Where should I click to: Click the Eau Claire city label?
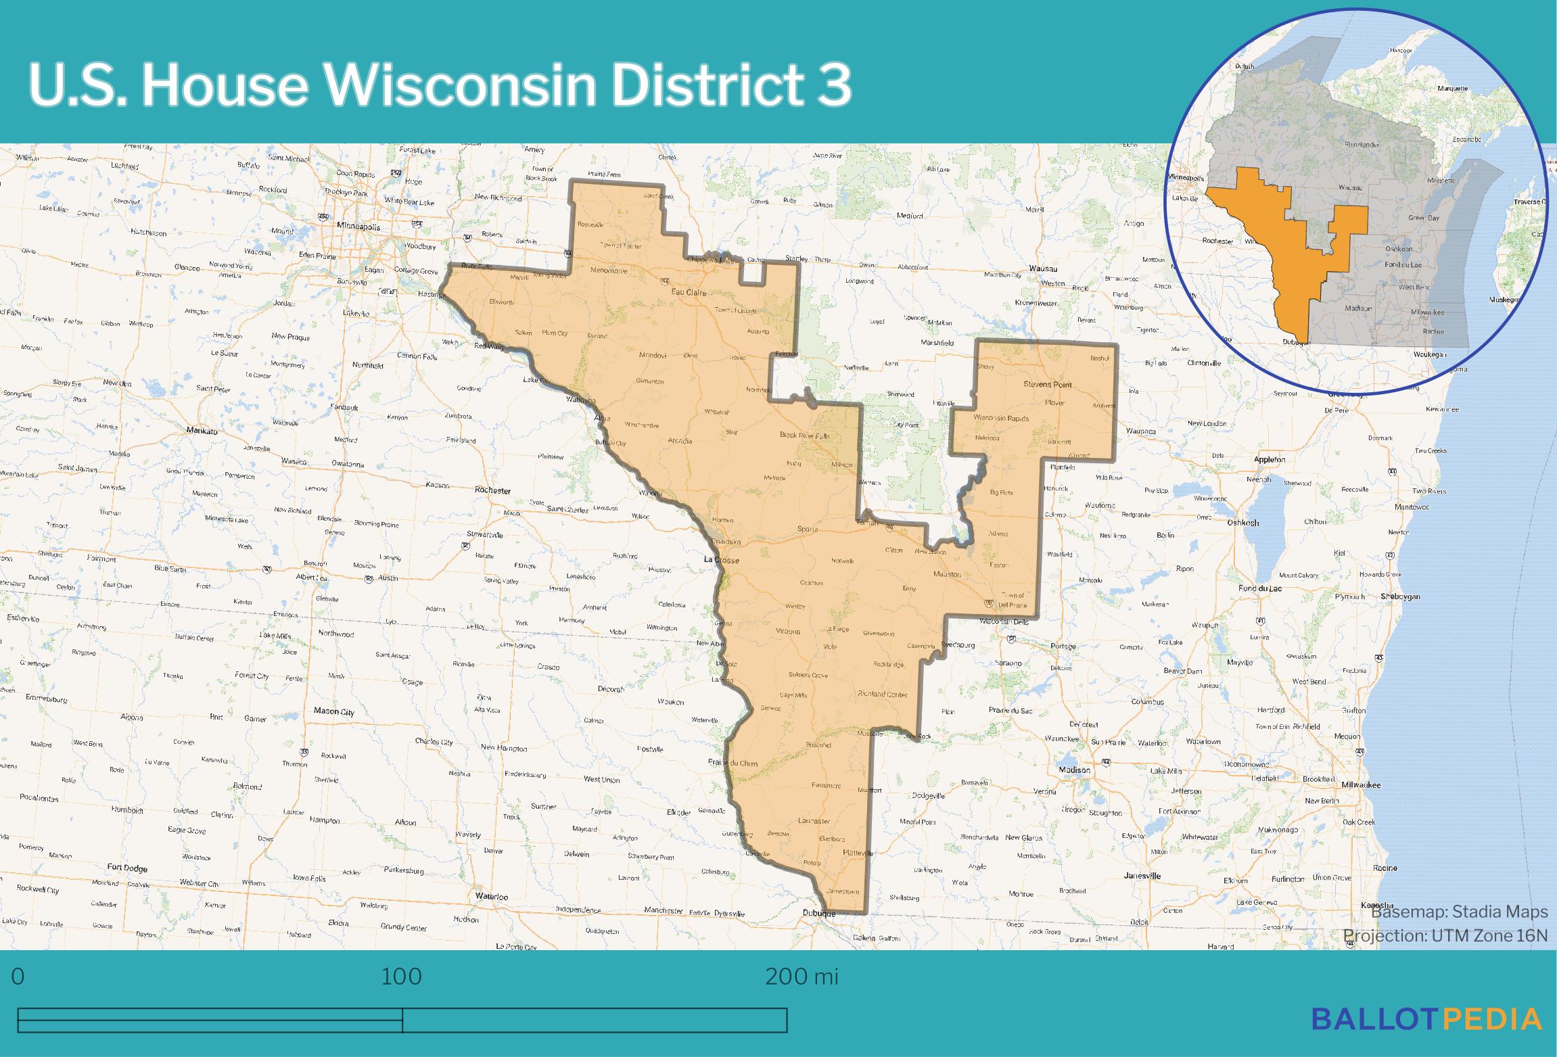(688, 293)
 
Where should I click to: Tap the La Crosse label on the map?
(721, 561)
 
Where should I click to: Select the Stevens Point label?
(1047, 385)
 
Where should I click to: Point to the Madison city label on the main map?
(1075, 770)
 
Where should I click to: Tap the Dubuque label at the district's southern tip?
(818, 914)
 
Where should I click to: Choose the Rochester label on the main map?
(492, 490)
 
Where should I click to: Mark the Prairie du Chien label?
(733, 763)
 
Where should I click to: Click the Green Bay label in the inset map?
(1423, 218)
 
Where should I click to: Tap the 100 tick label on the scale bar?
(401, 977)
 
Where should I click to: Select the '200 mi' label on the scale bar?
(801, 977)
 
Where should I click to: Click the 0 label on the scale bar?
(18, 977)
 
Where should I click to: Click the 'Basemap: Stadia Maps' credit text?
(1459, 912)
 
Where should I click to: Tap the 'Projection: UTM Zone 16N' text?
(1445, 935)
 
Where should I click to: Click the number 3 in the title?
(833, 85)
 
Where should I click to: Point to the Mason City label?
(333, 711)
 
